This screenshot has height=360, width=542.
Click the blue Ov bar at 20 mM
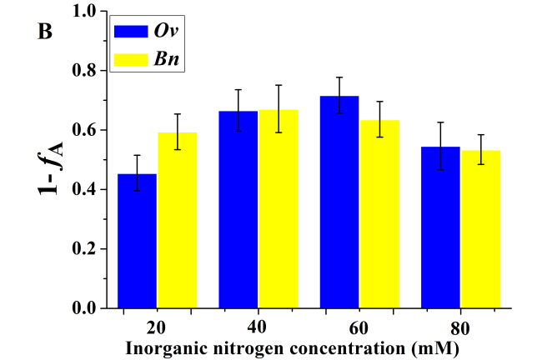pyautogui.click(x=138, y=241)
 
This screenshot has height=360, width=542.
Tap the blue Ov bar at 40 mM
pyautogui.click(x=238, y=209)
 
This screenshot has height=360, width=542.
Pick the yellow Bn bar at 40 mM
pyautogui.click(x=279, y=208)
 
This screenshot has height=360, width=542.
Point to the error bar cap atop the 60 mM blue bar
pyautogui.click(x=339, y=77)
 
